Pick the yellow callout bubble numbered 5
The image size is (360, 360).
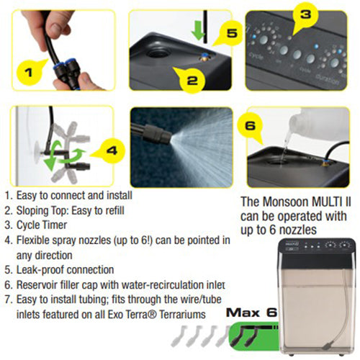click(x=230, y=33)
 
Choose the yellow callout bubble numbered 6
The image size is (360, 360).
click(x=250, y=127)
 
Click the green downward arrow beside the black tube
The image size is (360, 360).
click(x=198, y=30)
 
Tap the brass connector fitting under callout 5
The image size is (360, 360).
click(x=204, y=57)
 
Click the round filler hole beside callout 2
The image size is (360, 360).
click(x=158, y=52)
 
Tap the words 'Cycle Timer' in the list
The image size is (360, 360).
click(x=42, y=225)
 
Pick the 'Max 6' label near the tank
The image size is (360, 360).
click(x=251, y=312)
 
